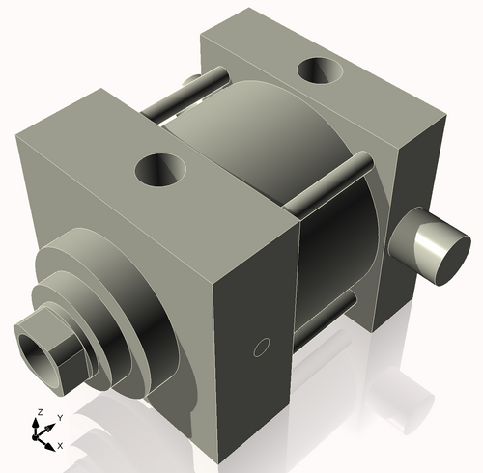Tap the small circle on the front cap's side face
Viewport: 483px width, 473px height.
[258, 347]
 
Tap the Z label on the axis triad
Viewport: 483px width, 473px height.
[38, 412]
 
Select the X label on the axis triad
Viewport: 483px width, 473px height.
[60, 445]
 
